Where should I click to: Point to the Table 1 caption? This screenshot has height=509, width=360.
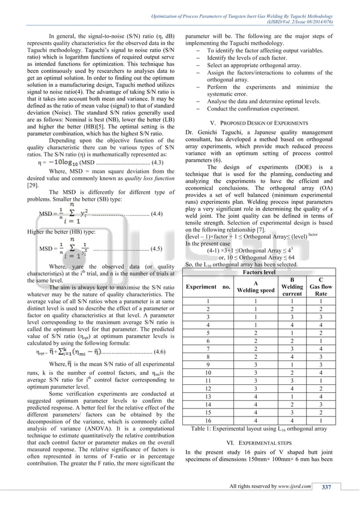265,430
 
